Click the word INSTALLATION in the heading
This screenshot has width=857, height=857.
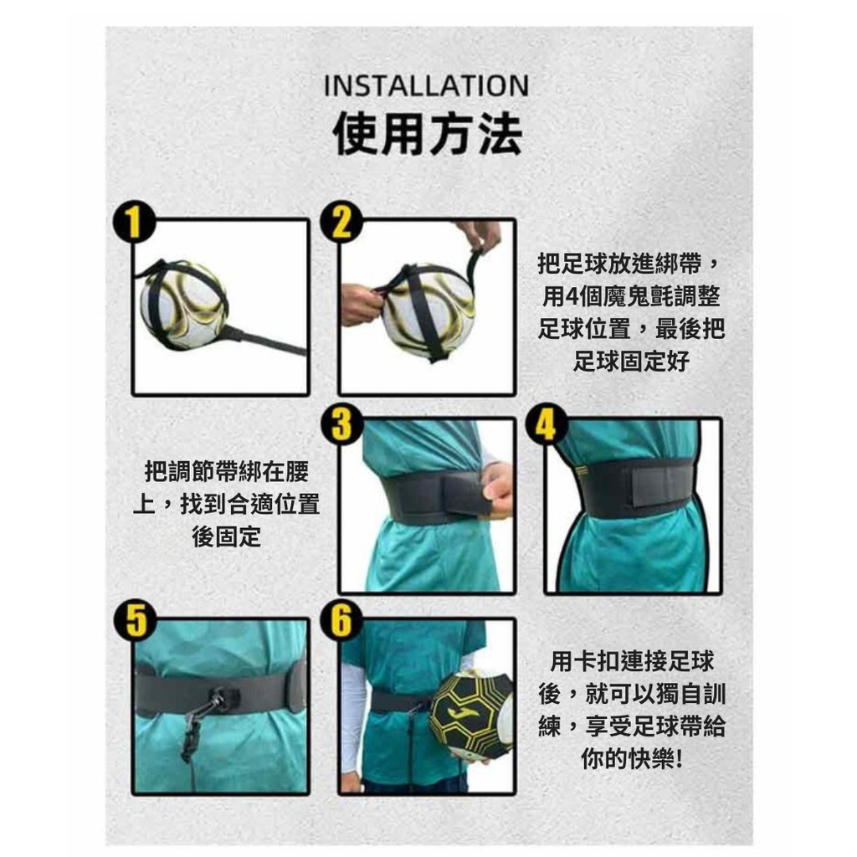[x=426, y=86]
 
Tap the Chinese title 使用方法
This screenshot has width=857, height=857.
[x=428, y=134]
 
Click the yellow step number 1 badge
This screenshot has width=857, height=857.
[x=135, y=221]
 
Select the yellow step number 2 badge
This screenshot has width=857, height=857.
[x=341, y=221]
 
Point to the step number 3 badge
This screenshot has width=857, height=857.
[x=341, y=423]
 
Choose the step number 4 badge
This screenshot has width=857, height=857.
[x=546, y=423]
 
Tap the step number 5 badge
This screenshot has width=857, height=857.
[x=135, y=621]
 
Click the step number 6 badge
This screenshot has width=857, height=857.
[x=341, y=621]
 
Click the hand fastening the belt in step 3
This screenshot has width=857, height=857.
[x=497, y=489]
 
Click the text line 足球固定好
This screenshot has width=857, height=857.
[x=631, y=362]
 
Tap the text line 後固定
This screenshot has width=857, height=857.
[x=226, y=536]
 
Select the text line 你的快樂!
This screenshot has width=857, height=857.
[x=632, y=758]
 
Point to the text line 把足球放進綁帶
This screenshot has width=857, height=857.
[x=619, y=264]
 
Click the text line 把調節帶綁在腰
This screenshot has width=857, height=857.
[x=227, y=472]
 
